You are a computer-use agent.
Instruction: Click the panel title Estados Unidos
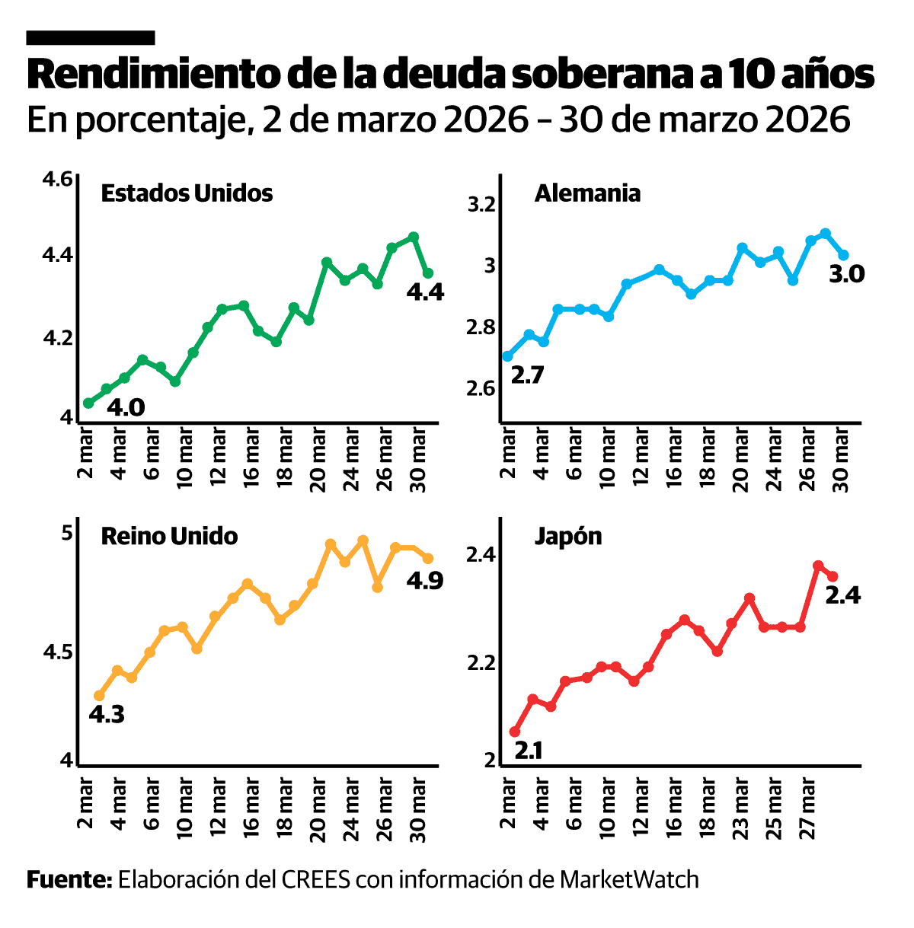pos(187,193)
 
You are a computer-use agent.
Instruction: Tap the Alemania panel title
pos(587,193)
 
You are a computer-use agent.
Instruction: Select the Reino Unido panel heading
pos(169,536)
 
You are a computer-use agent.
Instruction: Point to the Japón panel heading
pos(568,536)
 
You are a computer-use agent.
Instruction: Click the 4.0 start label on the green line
pos(126,408)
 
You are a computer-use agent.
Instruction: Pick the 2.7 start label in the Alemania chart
pos(526,375)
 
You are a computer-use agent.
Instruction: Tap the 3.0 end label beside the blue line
pos(846,274)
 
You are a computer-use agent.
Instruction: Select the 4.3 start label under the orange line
pos(107,715)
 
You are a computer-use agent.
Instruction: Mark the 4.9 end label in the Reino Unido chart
pos(424,581)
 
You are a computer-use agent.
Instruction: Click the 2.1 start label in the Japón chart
pos(529,751)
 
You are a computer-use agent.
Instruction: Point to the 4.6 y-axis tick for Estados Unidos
pos(57,180)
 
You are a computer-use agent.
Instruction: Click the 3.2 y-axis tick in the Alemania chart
pos(481,205)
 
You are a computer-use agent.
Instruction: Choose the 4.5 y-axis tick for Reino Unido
pos(57,652)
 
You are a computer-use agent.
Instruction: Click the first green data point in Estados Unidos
pos(88,403)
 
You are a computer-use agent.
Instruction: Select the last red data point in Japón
pos(833,576)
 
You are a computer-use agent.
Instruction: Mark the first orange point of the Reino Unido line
pos(99,695)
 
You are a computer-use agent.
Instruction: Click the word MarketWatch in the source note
pos(629,880)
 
